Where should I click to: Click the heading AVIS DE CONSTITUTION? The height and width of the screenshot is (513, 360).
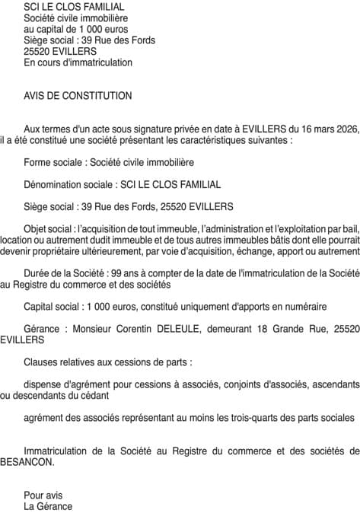78,96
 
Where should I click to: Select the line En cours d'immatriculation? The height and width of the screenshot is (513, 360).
78,62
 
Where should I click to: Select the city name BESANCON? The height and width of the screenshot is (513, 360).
27,461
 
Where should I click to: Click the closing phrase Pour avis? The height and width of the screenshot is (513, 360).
42,495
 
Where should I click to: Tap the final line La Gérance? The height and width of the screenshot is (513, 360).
48,506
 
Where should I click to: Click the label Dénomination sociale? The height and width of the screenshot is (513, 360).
64,184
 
